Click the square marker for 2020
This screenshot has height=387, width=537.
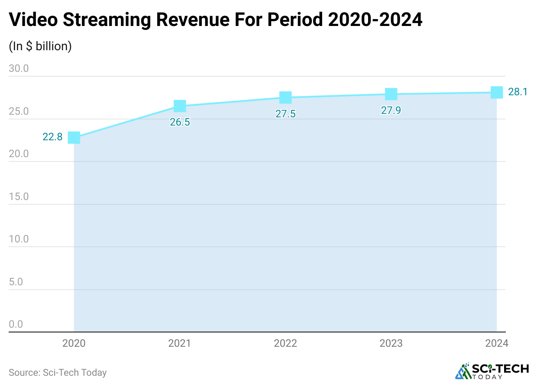[x=74, y=138]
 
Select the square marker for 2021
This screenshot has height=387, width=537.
[x=180, y=106]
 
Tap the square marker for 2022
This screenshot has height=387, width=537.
[x=285, y=97]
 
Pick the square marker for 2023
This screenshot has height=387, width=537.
[x=391, y=94]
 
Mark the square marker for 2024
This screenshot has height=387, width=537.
[x=497, y=92]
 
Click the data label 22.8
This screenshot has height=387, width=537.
[x=52, y=137]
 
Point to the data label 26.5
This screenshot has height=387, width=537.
[x=180, y=122]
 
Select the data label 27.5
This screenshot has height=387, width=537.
[x=285, y=114]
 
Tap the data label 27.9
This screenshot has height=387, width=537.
[x=391, y=110]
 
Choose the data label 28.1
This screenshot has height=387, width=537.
[x=518, y=92]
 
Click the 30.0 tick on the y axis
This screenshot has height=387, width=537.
[x=19, y=69]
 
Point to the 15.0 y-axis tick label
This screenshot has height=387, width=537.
[x=19, y=197]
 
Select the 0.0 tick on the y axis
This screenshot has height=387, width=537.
[x=16, y=324]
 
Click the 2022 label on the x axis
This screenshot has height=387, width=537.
[x=285, y=344]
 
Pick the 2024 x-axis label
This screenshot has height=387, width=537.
[x=497, y=344]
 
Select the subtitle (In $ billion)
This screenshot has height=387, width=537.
[x=40, y=46]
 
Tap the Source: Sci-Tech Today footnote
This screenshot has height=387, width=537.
[x=58, y=372]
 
